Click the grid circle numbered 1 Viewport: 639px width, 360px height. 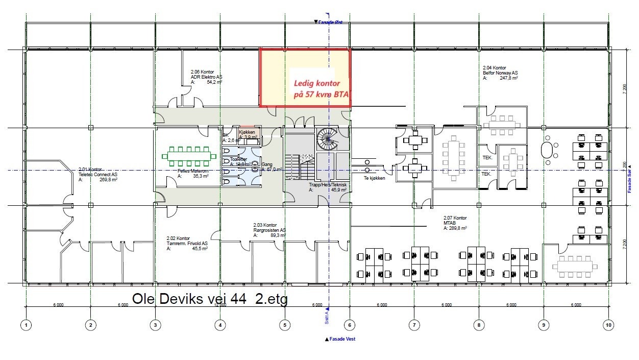coord(26,324)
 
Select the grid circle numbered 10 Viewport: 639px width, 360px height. coord(608,324)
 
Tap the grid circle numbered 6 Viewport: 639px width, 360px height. coord(350,324)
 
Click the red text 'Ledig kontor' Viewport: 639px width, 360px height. coord(316,83)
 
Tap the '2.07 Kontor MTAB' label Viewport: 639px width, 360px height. coord(455,223)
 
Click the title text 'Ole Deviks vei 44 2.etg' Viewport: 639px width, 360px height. coord(210,299)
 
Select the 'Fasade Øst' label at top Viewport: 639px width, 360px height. coord(329,22)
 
